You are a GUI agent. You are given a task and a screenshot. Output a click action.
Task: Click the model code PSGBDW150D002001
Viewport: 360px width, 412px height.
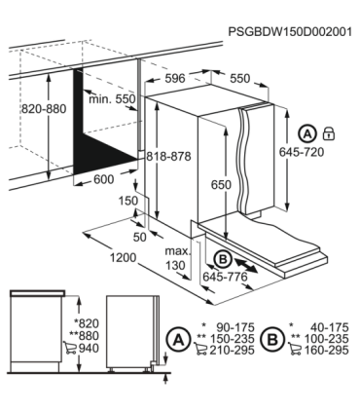[290, 32]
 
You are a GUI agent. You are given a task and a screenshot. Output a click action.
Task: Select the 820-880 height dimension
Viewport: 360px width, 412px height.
[44, 109]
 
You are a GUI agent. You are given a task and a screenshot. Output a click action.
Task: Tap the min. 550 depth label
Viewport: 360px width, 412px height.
[112, 98]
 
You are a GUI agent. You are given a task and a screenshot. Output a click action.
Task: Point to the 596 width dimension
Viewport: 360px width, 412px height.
[175, 78]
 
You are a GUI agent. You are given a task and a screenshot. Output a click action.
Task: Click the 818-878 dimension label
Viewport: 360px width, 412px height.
[168, 157]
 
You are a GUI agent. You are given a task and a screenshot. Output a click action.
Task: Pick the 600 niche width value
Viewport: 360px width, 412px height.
[104, 179]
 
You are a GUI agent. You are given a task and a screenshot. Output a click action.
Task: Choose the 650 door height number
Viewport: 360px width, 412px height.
[221, 185]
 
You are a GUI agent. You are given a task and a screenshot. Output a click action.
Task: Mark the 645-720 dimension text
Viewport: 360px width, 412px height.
[302, 152]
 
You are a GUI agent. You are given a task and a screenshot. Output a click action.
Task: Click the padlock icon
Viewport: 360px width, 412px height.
[329, 133]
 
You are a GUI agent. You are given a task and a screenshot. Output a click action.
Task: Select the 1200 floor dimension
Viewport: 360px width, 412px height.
[123, 258]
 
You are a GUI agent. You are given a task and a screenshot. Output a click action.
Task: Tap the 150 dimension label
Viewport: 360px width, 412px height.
[127, 201]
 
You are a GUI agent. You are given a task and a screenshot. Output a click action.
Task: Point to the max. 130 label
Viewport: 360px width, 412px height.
[177, 258]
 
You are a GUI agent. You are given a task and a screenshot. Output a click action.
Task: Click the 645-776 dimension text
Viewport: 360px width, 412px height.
[225, 277]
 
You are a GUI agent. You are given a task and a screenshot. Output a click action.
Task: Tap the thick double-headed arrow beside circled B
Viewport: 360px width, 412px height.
[245, 265]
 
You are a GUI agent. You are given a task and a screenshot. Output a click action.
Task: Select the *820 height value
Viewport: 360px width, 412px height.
[87, 323]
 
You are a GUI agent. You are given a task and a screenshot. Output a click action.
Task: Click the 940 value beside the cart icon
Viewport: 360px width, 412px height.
[89, 348]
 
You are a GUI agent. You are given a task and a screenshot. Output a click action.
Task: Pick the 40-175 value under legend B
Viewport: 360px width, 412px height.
[329, 327]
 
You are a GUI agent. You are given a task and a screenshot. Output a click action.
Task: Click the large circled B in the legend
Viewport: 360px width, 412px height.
[273, 339]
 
